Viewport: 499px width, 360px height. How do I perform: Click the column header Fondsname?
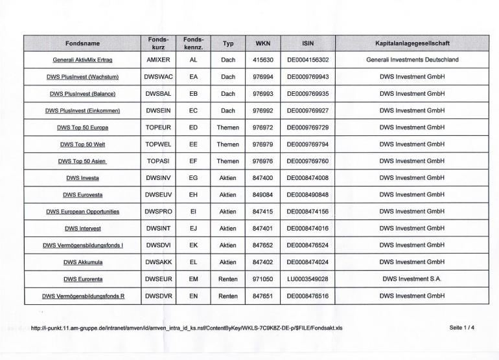click(x=82, y=43)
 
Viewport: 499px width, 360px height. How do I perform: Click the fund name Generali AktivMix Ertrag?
click(x=82, y=60)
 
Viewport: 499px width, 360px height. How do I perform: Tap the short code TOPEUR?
click(x=158, y=127)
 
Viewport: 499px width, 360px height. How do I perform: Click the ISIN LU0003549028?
click(x=308, y=279)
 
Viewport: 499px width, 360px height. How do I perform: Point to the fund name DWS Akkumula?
click(x=82, y=262)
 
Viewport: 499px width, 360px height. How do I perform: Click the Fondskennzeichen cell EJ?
click(x=193, y=229)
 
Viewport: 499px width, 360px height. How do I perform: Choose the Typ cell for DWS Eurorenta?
click(x=228, y=279)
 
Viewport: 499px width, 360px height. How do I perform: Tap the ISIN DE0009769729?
click(x=308, y=127)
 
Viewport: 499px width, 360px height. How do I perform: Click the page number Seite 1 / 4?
click(x=461, y=328)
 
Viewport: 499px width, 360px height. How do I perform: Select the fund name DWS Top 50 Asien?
click(x=82, y=161)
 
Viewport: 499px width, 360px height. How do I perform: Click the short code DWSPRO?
click(x=158, y=212)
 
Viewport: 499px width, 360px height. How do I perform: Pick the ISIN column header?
click(x=308, y=43)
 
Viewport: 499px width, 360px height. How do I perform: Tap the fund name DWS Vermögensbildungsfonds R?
click(x=82, y=296)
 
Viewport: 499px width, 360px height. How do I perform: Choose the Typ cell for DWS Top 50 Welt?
click(x=228, y=144)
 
